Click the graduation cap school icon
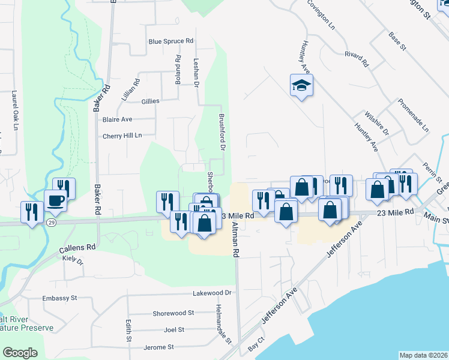click(x=301, y=86)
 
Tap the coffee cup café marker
click(x=56, y=200)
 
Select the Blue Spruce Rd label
click(x=171, y=41)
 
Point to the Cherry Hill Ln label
click(x=122, y=136)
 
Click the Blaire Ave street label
click(x=117, y=119)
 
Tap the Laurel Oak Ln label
click(x=15, y=110)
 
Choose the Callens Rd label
click(x=77, y=247)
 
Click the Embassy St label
click(x=60, y=298)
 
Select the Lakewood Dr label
click(x=212, y=293)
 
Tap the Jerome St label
click(x=158, y=347)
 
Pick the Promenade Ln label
click(x=414, y=116)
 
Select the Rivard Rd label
click(x=356, y=58)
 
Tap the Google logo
click(x=20, y=353)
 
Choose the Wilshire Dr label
click(x=378, y=122)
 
